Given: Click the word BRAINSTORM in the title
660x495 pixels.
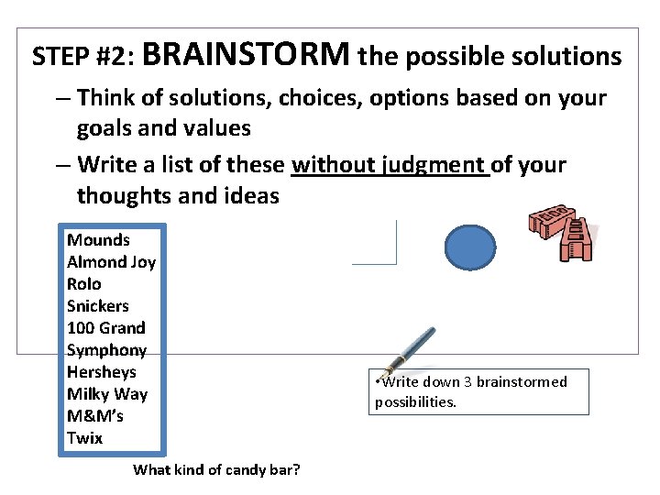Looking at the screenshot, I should [x=246, y=55].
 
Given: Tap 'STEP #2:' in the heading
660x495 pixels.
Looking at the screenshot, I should [x=84, y=58].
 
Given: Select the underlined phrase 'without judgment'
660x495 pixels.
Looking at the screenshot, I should [x=390, y=165].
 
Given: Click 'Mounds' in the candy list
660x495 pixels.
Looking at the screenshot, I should [x=98, y=240].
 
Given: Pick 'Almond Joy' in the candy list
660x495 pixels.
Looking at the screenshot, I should [x=111, y=262].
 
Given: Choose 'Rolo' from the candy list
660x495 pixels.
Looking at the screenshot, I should [x=84, y=284].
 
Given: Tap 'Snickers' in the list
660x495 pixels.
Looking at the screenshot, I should [x=98, y=306].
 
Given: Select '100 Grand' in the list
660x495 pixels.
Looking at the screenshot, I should [x=105, y=328].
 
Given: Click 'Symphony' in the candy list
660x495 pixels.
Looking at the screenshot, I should [x=106, y=350].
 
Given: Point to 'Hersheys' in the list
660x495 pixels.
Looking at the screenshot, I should [x=101, y=372].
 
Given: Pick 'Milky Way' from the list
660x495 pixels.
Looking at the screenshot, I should [x=106, y=394].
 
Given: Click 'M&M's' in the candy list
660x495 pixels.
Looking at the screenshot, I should [x=95, y=416].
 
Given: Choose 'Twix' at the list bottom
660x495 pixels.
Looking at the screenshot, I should [x=84, y=438].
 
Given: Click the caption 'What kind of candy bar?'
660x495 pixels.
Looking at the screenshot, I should [x=216, y=470].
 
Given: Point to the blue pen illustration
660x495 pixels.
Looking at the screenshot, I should [x=408, y=353].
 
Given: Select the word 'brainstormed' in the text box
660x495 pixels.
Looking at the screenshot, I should [x=522, y=382].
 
